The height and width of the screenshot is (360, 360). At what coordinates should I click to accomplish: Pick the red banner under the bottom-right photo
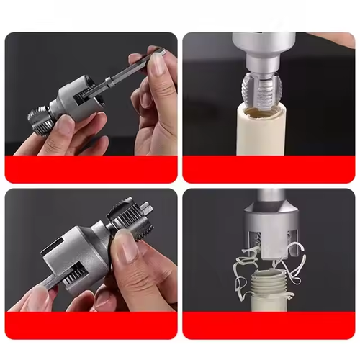point(269,325)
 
